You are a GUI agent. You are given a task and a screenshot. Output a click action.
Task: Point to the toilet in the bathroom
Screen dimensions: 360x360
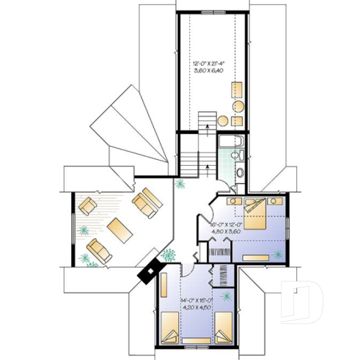pyautogui.click(x=237, y=155)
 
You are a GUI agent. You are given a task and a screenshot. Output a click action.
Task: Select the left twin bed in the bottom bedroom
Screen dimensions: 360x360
pyautogui.click(x=171, y=328)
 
